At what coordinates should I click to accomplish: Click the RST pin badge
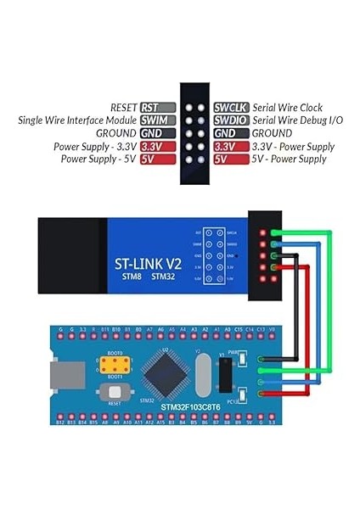coord(158,108)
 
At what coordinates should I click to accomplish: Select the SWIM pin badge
coord(158,120)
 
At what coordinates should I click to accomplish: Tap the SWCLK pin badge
coord(230,108)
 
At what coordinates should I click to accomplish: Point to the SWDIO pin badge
coord(230,120)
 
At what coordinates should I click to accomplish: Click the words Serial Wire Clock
coord(287,108)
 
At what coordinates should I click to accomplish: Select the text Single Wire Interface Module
coord(77,120)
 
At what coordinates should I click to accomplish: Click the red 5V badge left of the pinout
coord(147,159)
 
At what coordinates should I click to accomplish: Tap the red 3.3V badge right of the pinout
coord(224,146)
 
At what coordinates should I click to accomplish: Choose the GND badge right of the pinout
coord(225,133)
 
